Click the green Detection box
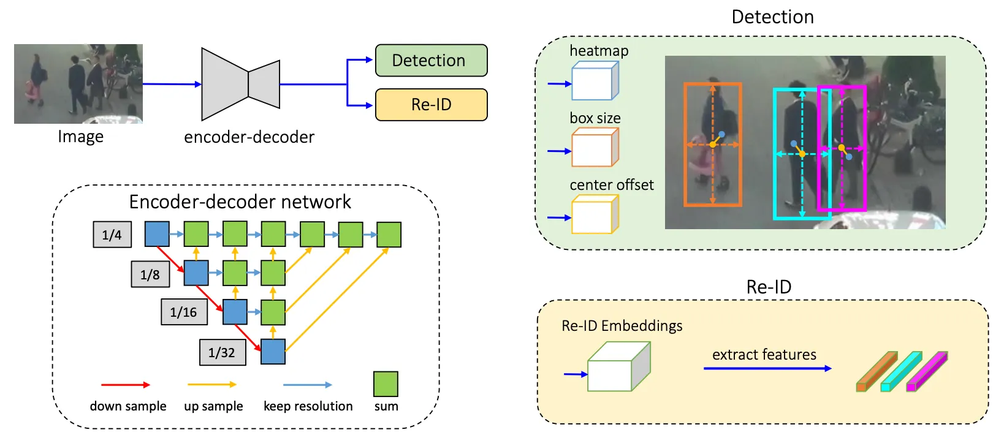[431, 60]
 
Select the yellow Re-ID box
[431, 105]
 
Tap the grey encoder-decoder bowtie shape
[240, 84]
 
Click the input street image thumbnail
[78, 84]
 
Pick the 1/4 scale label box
[112, 235]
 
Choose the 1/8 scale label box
[150, 274]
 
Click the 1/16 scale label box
[184, 312]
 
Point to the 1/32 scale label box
[222, 352]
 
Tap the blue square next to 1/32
[273, 352]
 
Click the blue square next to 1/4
[157, 234]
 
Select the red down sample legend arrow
[125, 385]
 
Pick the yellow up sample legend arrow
[211, 385]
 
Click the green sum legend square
[386, 384]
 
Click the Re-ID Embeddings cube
[618, 368]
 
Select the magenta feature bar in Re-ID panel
[927, 371]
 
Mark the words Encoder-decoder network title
[240, 202]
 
